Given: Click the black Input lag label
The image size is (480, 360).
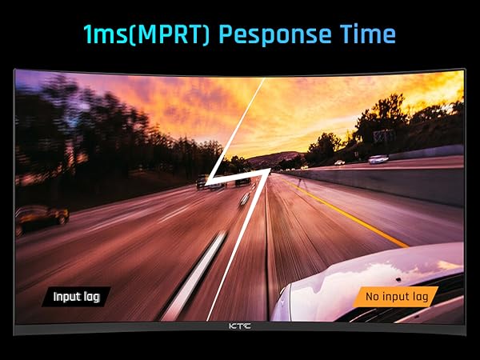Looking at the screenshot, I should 76,297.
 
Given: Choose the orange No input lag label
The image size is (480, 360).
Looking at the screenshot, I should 396,298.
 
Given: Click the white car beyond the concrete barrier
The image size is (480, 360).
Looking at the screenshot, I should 378,159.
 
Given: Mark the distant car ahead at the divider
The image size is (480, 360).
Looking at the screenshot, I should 242,180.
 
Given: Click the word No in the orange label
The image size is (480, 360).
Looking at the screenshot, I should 371,298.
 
